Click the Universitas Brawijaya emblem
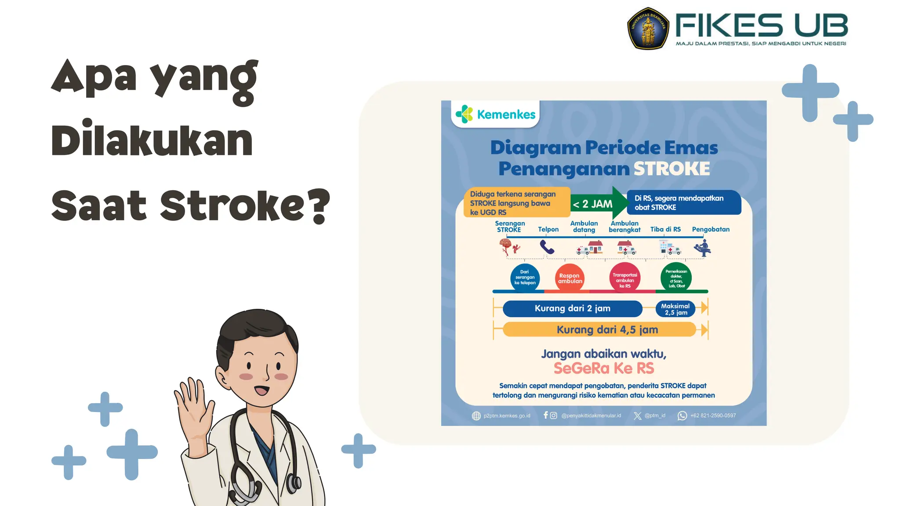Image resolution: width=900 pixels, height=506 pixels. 648,29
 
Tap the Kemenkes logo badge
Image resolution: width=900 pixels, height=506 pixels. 495,114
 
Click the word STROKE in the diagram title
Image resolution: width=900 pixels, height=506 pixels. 671,169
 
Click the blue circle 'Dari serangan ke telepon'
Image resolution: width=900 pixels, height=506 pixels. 525,278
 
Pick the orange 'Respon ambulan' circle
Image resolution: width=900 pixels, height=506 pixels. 570,278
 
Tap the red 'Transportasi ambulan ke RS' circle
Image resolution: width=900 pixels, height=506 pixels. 624,278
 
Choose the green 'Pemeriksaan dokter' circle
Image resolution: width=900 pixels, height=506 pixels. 676,278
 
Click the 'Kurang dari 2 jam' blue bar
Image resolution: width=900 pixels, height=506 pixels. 572,308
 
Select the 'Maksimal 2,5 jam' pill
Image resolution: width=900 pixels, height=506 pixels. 675,309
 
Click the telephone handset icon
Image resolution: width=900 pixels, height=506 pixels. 547,247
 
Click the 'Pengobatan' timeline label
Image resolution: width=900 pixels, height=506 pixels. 711,229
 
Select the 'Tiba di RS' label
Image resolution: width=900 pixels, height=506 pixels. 665,229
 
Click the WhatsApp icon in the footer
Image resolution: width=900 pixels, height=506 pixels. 682,416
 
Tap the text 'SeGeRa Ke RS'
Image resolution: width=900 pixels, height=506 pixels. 604,368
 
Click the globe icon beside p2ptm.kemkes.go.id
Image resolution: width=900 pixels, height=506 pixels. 476,416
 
